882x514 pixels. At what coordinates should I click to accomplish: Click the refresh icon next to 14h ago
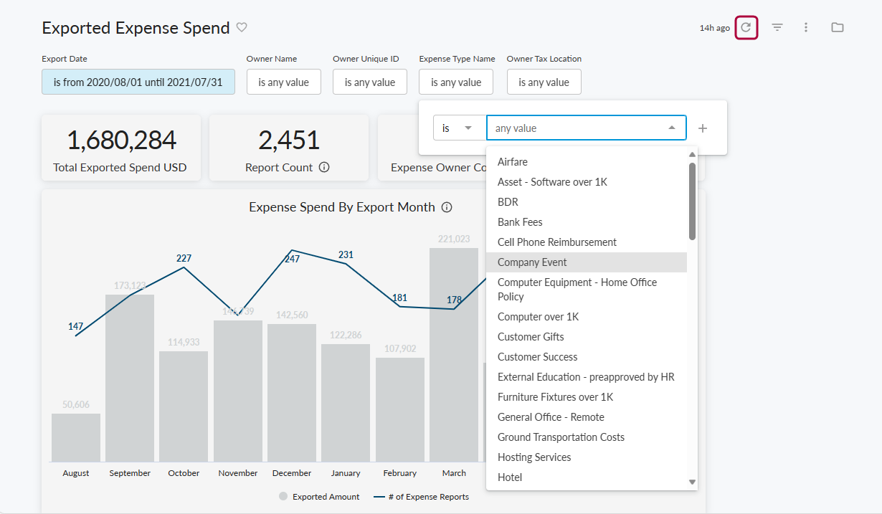click(x=746, y=28)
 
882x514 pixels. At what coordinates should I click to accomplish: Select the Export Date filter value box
click(x=138, y=82)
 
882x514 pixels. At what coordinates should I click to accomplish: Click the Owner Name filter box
click(x=283, y=82)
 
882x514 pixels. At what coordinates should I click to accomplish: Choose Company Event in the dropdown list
click(x=532, y=262)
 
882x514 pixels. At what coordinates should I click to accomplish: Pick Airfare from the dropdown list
click(x=513, y=162)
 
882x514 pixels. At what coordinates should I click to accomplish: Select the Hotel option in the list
click(x=510, y=477)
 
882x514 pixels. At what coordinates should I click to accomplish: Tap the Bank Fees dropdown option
click(x=520, y=222)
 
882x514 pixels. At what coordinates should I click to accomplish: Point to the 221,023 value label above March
click(x=454, y=239)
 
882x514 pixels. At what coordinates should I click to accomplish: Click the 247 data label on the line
click(x=292, y=259)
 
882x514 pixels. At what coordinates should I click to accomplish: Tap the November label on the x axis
click(x=238, y=473)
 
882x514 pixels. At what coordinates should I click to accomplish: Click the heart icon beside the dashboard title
click(x=242, y=27)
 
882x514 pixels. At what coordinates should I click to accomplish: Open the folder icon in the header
click(x=837, y=28)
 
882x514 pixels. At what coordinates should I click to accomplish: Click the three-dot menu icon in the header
click(x=806, y=28)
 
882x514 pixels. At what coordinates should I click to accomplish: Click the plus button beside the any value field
click(x=703, y=128)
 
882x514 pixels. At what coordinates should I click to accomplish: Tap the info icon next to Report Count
click(x=324, y=168)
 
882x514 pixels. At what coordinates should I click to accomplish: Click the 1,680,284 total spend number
click(x=121, y=141)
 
